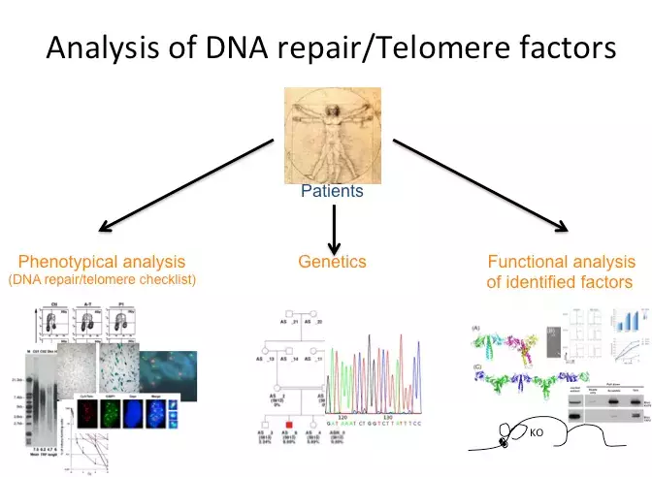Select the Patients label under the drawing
coord(332,191)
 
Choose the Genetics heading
coord(332,262)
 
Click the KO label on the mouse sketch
coord(537,432)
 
